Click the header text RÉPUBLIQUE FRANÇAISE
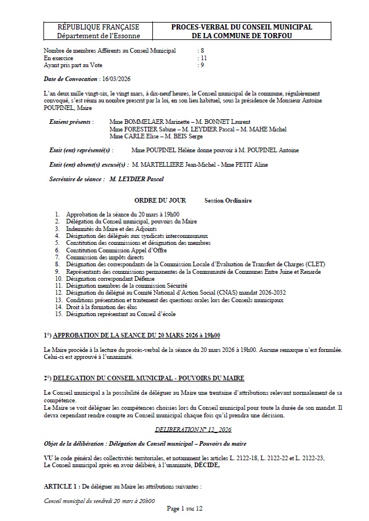[x=98, y=27]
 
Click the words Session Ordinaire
[x=228, y=200]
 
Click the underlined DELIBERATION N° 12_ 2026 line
[x=193, y=429]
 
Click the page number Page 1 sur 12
[x=184, y=508]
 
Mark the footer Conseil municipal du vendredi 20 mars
[x=99, y=501]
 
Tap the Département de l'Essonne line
[x=98, y=35]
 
